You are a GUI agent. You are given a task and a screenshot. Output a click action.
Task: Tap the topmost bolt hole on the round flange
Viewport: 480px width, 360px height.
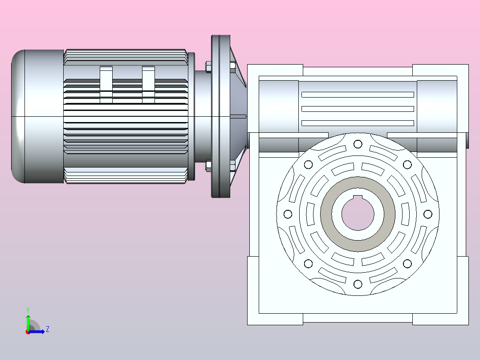click(x=358, y=144)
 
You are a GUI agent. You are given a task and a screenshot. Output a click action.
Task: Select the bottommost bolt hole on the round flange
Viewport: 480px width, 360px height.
click(x=358, y=284)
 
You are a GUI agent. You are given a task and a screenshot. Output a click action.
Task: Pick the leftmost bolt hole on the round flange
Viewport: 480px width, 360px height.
click(x=288, y=214)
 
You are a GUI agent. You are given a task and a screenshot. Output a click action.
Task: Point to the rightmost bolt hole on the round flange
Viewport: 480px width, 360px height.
click(x=428, y=214)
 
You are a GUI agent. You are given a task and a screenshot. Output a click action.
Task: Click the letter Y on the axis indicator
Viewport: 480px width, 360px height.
click(x=28, y=310)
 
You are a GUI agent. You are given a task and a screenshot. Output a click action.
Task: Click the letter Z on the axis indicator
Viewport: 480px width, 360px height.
click(x=48, y=329)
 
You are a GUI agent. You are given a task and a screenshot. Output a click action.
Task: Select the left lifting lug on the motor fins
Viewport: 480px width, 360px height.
click(x=106, y=84)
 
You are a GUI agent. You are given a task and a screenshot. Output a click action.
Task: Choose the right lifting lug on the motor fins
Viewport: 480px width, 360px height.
click(x=148, y=84)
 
